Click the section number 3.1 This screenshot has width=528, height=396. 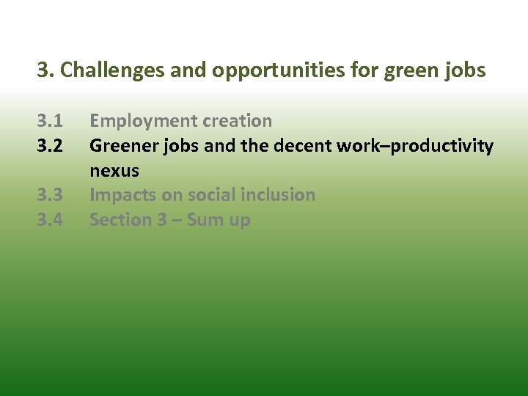pos(51,121)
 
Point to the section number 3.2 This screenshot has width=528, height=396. pos(51,146)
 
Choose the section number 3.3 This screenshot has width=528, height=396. pos(51,195)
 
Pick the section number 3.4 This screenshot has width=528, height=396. pos(51,220)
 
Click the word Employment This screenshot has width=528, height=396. pos(137,121)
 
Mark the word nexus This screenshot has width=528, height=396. pos(114,171)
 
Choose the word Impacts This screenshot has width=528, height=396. pos(122,195)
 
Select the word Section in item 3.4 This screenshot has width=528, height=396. pos(119,220)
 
